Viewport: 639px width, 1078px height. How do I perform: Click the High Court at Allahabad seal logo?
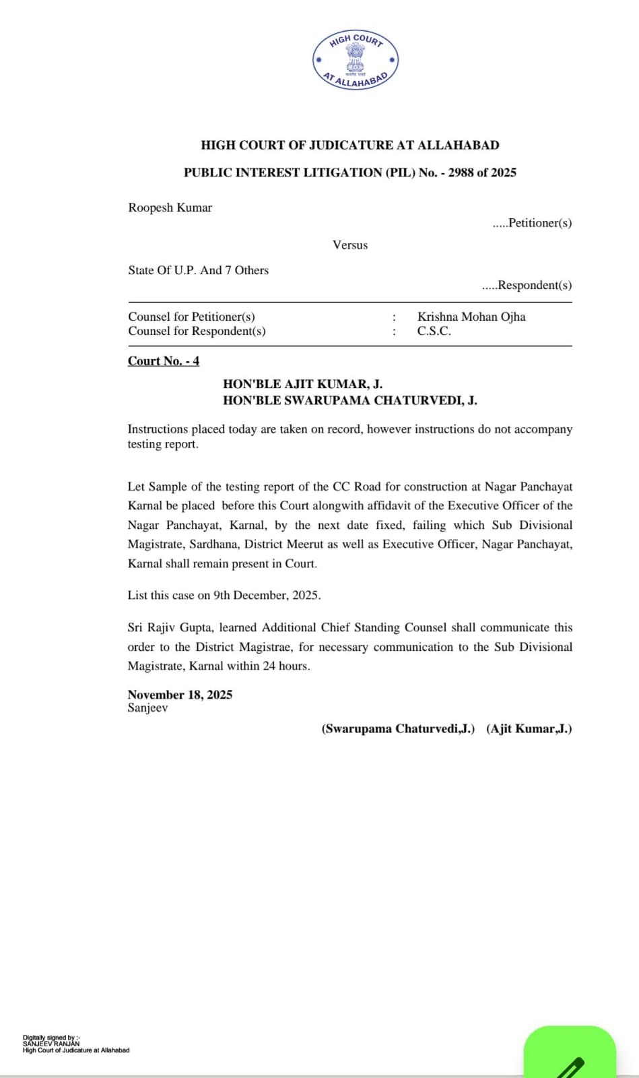pos(356,61)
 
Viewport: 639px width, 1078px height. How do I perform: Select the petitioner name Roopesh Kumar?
pos(170,208)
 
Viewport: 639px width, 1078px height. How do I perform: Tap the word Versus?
pos(350,245)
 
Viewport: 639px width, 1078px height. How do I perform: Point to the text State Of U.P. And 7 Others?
pos(198,270)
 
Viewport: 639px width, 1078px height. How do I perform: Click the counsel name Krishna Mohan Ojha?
pos(471,317)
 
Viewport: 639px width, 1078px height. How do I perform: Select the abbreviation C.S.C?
pos(434,331)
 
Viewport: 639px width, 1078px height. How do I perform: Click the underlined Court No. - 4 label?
pos(164,361)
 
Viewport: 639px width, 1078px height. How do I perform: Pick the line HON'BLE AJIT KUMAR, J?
pos(302,385)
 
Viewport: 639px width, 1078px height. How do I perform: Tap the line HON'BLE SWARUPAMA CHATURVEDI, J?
pos(350,400)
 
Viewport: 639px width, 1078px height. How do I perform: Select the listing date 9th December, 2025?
pos(267,596)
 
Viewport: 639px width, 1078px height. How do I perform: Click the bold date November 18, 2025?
pos(180,695)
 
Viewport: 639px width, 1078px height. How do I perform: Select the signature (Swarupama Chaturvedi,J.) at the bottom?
pos(398,729)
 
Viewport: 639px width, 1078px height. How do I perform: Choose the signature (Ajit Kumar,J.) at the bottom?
pos(529,729)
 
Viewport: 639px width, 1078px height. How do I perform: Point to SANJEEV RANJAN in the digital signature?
pos(51,1044)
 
